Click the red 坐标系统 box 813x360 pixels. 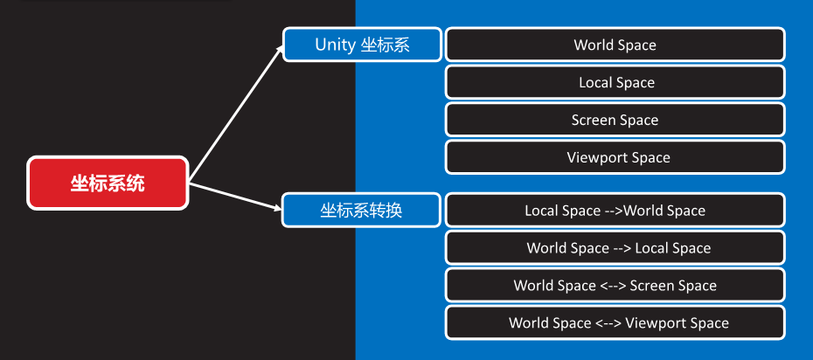pos(108,183)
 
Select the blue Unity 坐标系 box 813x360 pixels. pos(362,45)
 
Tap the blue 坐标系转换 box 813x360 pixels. pos(361,211)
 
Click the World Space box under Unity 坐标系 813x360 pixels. pos(615,45)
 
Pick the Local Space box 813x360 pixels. pos(615,82)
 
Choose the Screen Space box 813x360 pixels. pos(615,120)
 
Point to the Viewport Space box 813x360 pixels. pos(615,157)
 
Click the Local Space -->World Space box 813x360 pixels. pos(615,211)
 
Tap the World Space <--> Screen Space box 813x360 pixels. pos(615,286)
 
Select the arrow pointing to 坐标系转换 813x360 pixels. pos(236,197)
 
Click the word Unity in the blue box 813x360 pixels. pos(336,45)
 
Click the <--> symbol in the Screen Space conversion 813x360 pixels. pos(610,286)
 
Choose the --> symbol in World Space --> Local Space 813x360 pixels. pos(621,248)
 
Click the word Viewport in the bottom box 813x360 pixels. pos(651,323)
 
